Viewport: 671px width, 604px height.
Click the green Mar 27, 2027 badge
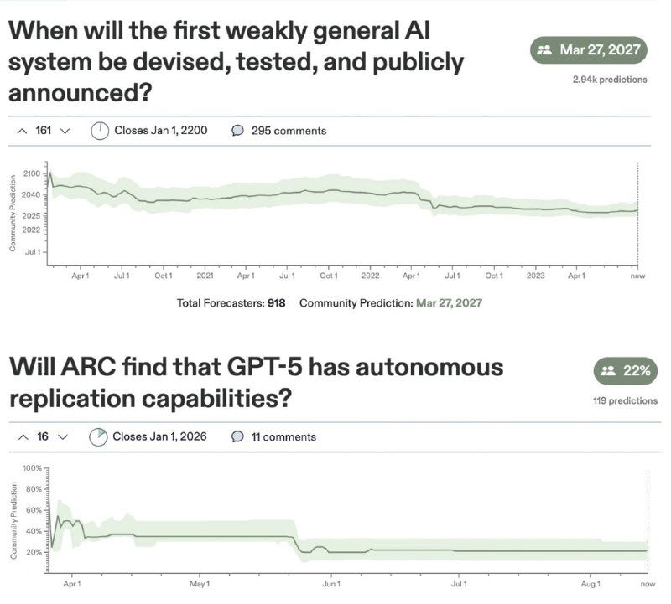(x=590, y=49)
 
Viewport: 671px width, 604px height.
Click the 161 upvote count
(x=44, y=131)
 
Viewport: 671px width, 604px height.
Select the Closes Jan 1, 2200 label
(x=160, y=131)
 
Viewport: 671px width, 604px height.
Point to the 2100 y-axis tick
(x=32, y=174)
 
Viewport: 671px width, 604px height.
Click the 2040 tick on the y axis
(x=32, y=194)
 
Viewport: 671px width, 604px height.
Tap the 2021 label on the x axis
(x=205, y=276)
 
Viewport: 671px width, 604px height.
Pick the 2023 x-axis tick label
(x=535, y=276)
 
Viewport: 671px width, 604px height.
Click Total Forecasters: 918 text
(x=231, y=302)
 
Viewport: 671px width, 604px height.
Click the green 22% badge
(x=626, y=371)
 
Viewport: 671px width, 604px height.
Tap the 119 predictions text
(x=625, y=401)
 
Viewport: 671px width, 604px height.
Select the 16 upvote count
(x=43, y=436)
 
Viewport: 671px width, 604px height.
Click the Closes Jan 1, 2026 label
(x=159, y=436)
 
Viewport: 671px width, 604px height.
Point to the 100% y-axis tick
(x=32, y=467)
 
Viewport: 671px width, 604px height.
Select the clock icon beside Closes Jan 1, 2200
(x=100, y=131)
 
